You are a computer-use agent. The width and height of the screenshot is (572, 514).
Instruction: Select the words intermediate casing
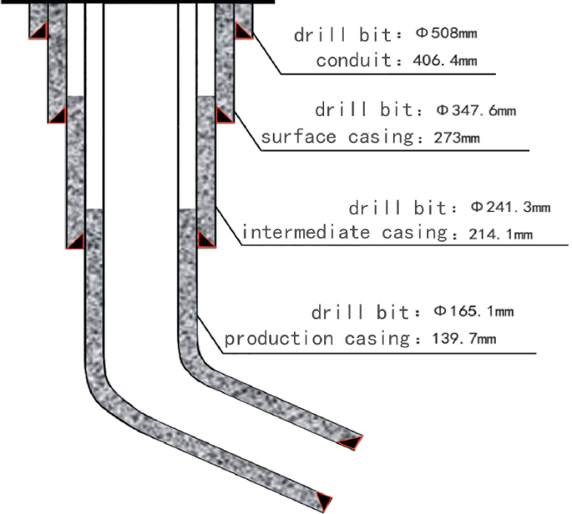click(342, 233)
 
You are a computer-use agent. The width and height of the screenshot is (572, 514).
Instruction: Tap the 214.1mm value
click(497, 234)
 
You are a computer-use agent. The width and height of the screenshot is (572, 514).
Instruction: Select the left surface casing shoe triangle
click(57, 115)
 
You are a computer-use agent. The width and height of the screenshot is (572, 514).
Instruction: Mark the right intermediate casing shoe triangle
click(205, 240)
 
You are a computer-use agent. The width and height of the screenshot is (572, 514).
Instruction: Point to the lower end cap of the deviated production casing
click(322, 500)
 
